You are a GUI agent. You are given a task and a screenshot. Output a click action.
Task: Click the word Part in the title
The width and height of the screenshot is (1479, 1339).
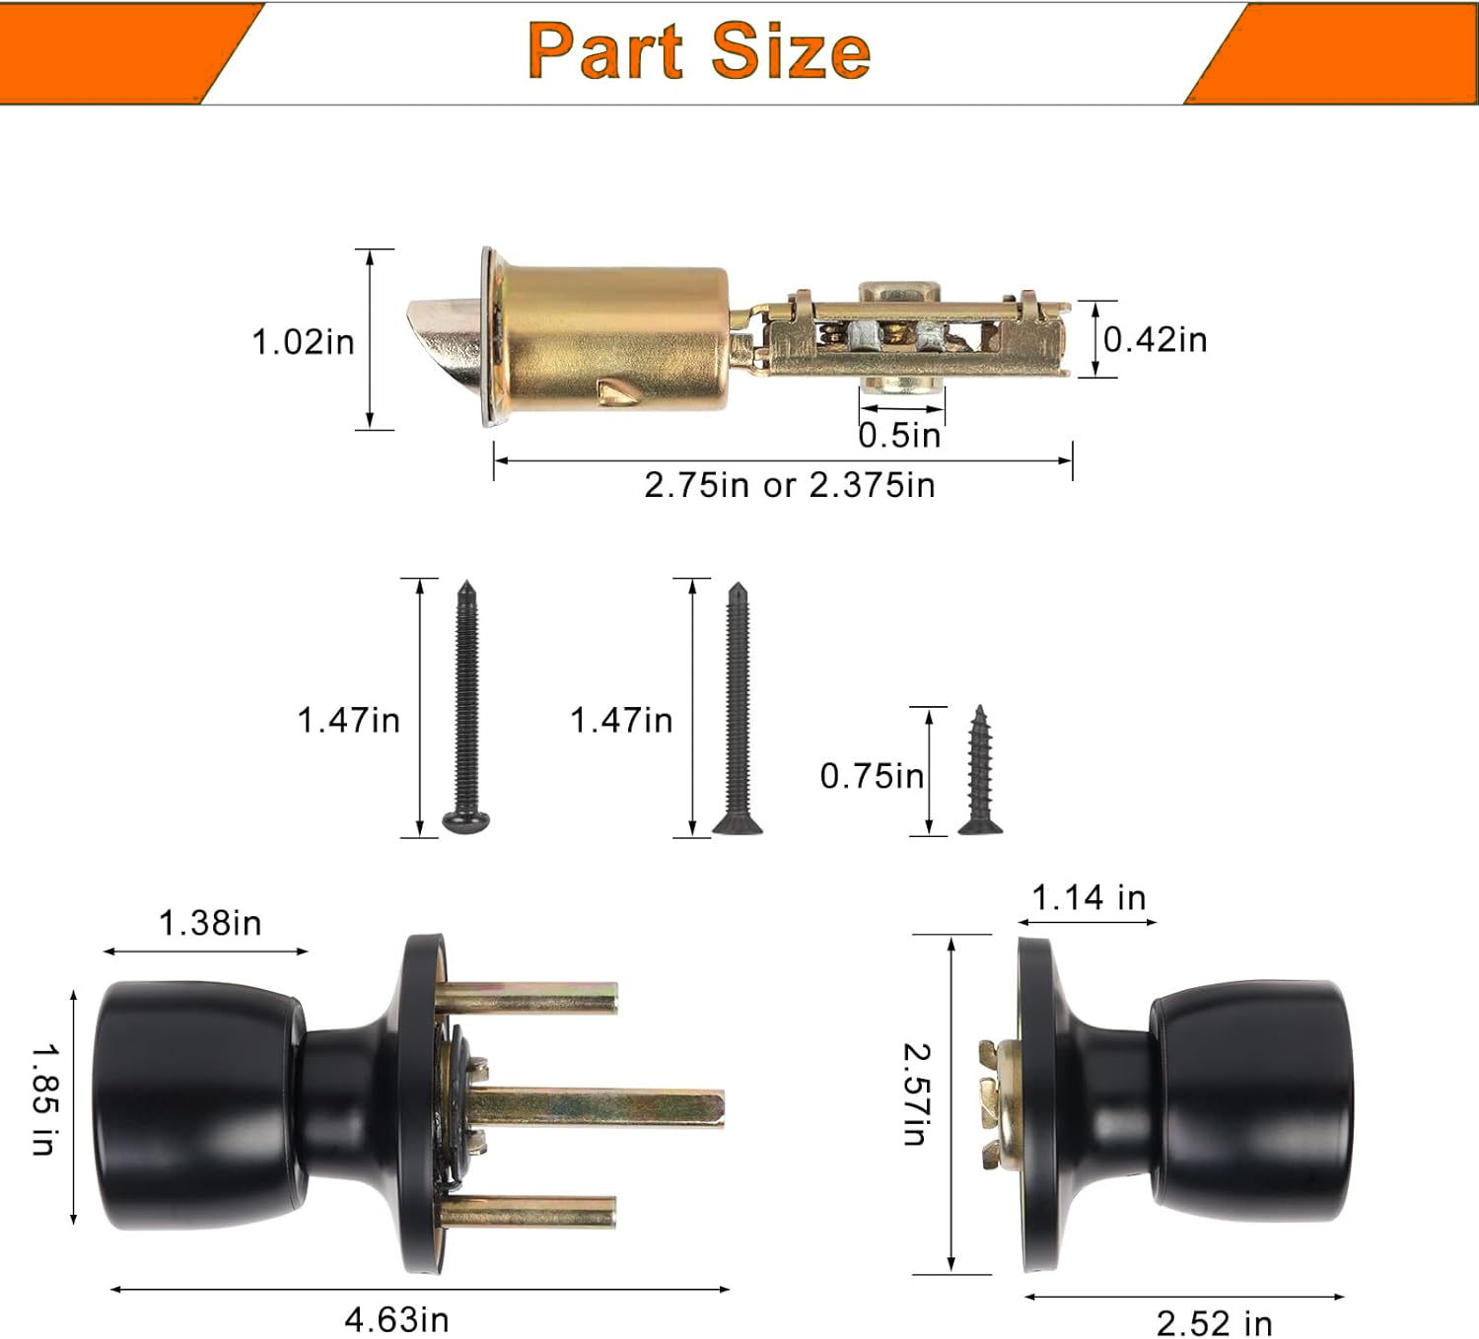point(605,50)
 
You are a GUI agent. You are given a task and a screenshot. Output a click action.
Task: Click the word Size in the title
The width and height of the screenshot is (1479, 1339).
point(791,50)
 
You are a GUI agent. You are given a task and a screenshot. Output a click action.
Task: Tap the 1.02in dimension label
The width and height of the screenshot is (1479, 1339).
point(303,342)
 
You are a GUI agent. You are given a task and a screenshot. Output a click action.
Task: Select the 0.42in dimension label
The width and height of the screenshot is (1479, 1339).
point(1156,340)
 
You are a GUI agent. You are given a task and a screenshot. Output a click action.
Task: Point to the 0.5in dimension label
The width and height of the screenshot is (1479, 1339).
point(900,436)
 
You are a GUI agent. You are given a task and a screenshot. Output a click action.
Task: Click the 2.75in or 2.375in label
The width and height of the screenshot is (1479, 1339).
point(790,485)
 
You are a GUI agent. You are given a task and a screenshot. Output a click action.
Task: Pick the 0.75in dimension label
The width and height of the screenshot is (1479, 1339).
point(873,776)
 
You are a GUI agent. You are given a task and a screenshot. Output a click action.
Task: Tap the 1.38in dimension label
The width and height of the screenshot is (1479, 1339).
point(210,923)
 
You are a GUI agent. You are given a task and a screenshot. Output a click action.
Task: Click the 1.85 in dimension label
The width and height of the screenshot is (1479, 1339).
point(45,1098)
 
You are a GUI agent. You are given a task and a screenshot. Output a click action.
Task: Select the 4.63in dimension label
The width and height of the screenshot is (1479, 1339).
point(396,1320)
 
